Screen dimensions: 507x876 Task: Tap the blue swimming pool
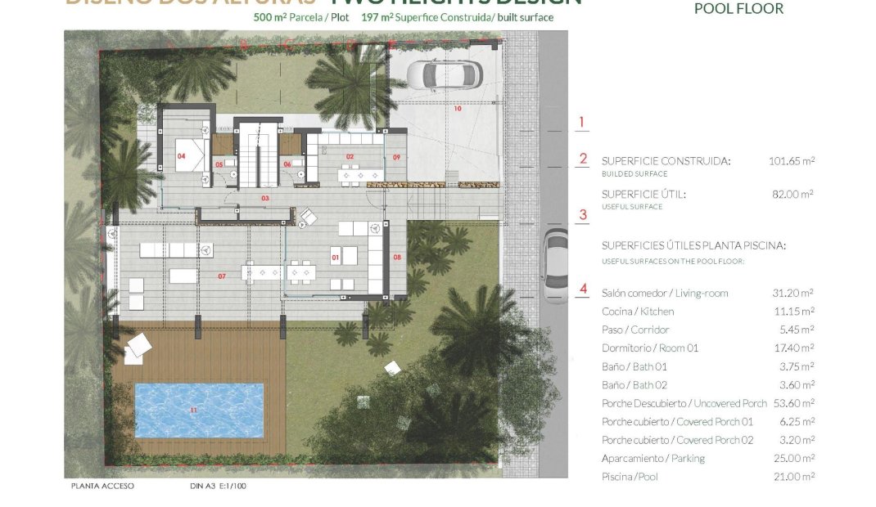(199, 411)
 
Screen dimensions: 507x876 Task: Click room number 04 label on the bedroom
(181, 155)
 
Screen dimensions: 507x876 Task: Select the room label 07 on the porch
(222, 276)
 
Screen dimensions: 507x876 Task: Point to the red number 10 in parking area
(458, 109)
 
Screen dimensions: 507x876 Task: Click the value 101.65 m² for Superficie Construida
(792, 161)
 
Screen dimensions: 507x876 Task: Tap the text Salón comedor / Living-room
(664, 293)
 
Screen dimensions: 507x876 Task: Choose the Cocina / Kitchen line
(638, 312)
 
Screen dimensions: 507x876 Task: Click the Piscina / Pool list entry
(629, 477)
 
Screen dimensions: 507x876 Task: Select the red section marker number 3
(583, 216)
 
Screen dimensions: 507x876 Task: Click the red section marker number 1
(582, 123)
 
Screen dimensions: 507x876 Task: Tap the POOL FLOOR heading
(738, 9)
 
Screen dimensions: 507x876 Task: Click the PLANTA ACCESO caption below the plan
(102, 486)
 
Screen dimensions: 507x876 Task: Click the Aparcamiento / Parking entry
(652, 459)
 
